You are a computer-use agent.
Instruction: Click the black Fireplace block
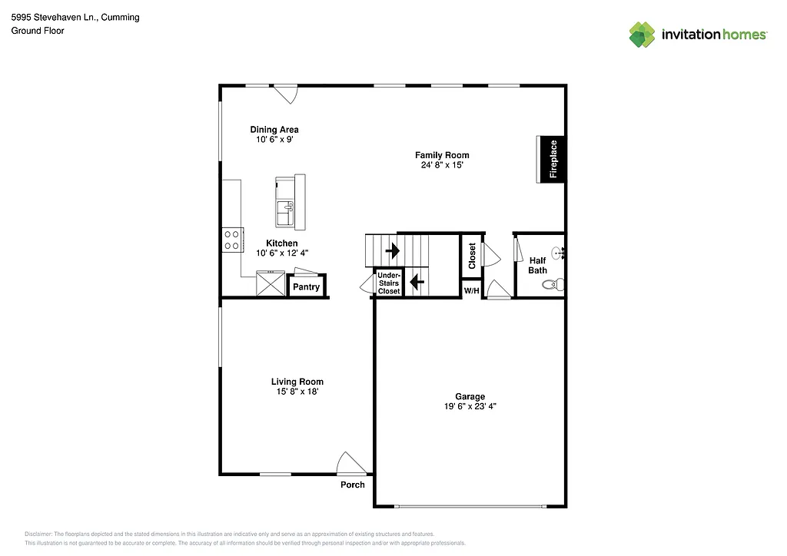pos(552,159)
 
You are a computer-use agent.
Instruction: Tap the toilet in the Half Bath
pos(553,285)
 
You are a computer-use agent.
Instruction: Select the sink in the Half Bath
pos(559,251)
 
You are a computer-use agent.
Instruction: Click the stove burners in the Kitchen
pos(232,240)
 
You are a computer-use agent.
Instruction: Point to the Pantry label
pos(306,287)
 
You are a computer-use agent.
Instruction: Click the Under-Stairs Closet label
pos(389,283)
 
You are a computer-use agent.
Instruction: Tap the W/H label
pos(471,290)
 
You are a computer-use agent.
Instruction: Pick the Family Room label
pos(442,155)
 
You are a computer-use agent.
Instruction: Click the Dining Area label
pos(274,130)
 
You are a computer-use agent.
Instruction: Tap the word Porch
pos(353,485)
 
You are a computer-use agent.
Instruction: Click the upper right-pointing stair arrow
pos(393,250)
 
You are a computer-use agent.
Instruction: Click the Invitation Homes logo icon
pos(642,35)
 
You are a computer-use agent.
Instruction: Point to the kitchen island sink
pos(286,207)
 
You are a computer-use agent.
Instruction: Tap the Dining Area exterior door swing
pos(287,94)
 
